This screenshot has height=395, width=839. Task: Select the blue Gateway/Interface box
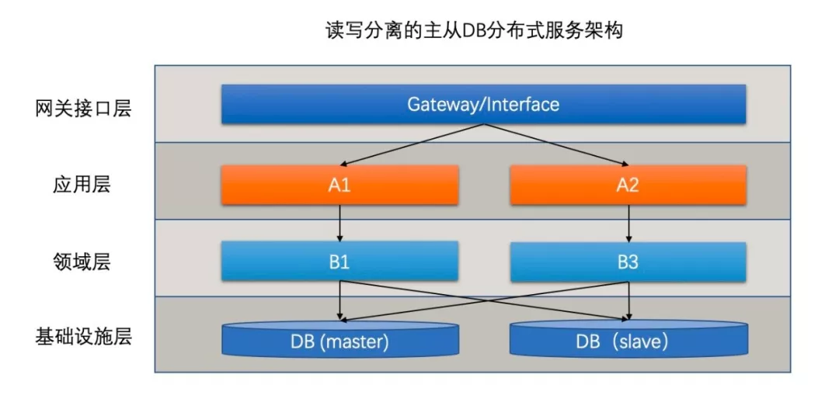(483, 104)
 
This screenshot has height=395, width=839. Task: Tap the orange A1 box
(339, 185)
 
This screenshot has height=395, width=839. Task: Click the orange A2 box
(628, 185)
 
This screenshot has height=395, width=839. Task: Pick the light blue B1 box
(339, 262)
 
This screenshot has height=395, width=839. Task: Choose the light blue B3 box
(628, 262)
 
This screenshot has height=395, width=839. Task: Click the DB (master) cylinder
(339, 340)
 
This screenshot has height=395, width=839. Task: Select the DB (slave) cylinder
(628, 340)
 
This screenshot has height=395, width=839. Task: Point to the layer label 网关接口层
(83, 108)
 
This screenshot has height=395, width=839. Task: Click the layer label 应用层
(83, 185)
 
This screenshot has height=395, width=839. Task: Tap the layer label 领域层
(83, 262)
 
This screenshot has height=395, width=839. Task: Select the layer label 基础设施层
(83, 337)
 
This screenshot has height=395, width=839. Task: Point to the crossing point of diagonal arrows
(483, 300)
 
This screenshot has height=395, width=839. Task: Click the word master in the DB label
(353, 341)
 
